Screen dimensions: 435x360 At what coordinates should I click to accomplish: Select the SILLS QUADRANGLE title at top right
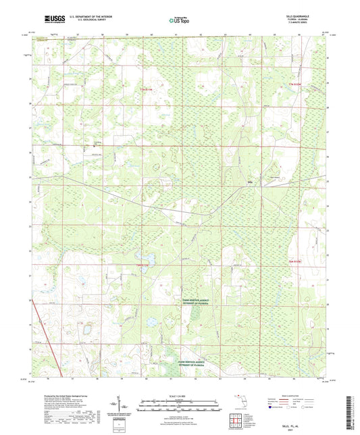(x=301, y=18)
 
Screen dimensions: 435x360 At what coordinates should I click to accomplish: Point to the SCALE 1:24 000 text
(x=180, y=396)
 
